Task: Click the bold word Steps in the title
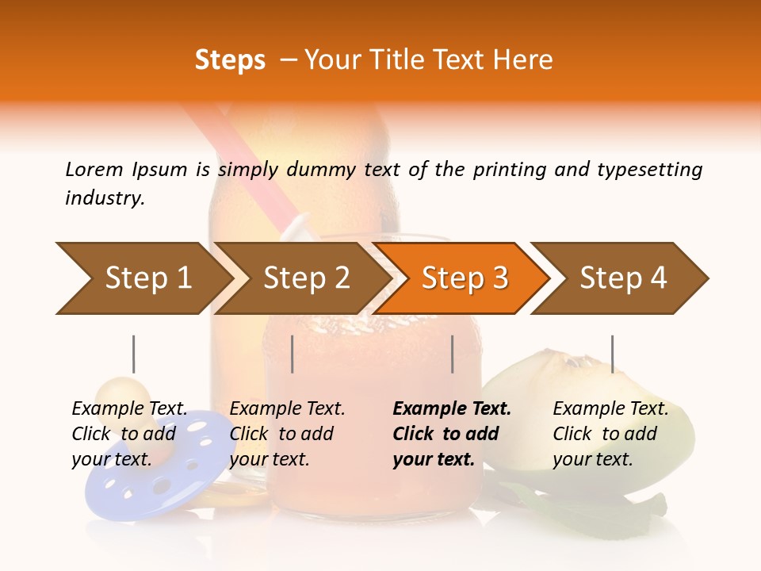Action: tap(230, 60)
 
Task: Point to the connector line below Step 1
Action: tap(134, 354)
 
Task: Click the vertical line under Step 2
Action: tap(293, 354)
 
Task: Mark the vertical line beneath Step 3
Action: tap(452, 354)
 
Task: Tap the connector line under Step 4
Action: tap(612, 354)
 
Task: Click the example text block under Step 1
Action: tap(129, 434)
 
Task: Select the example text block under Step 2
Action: tap(287, 434)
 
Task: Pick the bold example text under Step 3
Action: tap(452, 434)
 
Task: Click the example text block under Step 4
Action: tap(610, 434)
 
